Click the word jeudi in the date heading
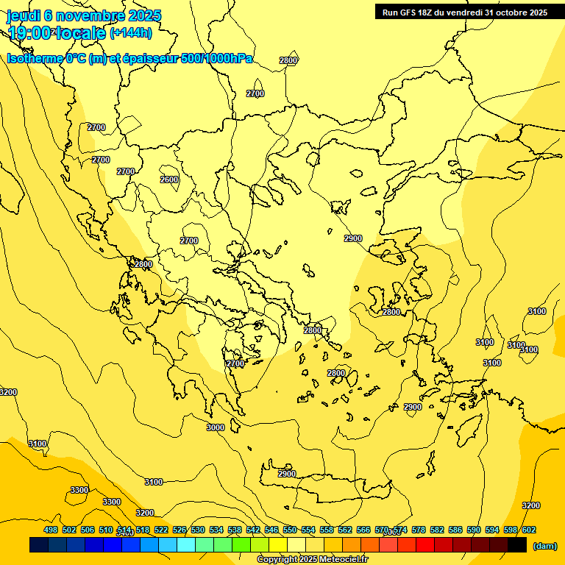pyautogui.click(x=23, y=15)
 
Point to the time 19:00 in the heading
pyautogui.click(x=30, y=33)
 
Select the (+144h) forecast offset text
pyautogui.click(x=131, y=33)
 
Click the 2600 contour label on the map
pyautogui.click(x=169, y=180)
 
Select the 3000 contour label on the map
pyautogui.click(x=216, y=427)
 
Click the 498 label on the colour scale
pyautogui.click(x=51, y=530)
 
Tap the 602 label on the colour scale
pyautogui.click(x=529, y=530)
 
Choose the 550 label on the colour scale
pyautogui.click(x=290, y=530)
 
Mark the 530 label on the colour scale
pyautogui.click(x=198, y=530)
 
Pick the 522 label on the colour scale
pyautogui.click(x=161, y=530)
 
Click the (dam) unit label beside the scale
pyautogui.click(x=544, y=545)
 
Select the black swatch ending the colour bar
pyautogui.click(x=517, y=545)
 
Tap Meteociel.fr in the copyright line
pyautogui.click(x=339, y=560)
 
